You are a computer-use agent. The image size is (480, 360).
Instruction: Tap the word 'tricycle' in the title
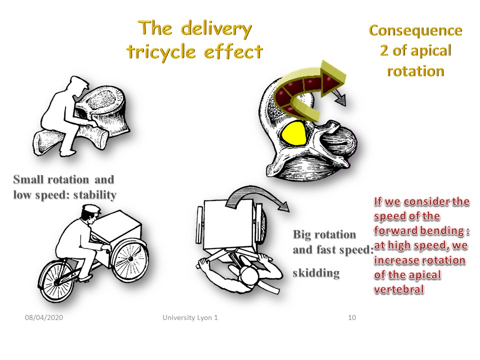coord(161,51)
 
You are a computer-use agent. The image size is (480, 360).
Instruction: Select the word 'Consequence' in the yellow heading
coord(415,30)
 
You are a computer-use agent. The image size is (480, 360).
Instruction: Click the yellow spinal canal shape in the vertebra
coord(294,133)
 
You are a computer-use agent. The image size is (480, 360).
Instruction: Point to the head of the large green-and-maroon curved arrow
coord(332,78)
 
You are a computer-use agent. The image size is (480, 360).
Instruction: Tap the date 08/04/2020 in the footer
coord(44,317)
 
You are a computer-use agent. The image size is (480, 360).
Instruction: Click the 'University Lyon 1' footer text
coord(190,318)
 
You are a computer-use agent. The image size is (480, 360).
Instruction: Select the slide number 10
coord(352,317)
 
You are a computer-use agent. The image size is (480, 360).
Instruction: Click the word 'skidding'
coord(316,273)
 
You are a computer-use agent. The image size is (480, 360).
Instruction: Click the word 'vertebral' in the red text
coord(399,289)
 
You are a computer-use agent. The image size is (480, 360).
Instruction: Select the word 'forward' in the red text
coord(396,230)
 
